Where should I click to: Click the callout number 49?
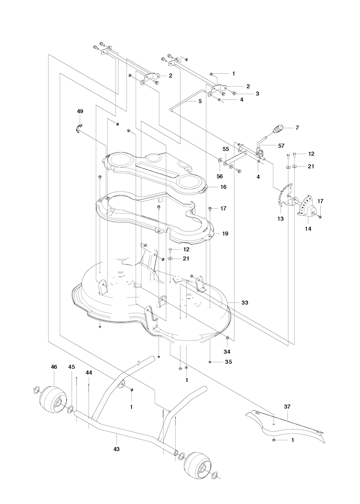(80, 111)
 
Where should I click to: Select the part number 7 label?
(297, 128)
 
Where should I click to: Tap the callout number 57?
(281, 145)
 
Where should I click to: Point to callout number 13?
(281, 218)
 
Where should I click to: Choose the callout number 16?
(223, 187)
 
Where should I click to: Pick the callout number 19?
(225, 234)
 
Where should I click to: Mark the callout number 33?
(245, 302)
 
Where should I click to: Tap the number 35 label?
(229, 362)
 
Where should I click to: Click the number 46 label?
(54, 366)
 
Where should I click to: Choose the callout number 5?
(200, 101)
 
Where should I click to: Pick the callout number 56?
(220, 176)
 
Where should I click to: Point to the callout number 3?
(257, 94)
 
